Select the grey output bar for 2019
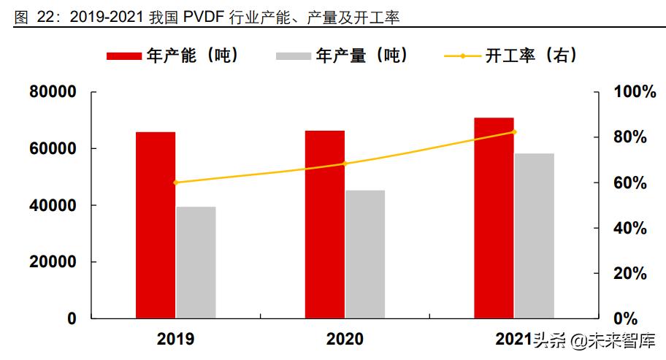(196, 263)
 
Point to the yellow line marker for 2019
(175, 183)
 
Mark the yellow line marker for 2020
(345, 164)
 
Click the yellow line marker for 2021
(514, 132)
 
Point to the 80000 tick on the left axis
(53, 92)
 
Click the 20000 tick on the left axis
(53, 262)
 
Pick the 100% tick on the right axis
(629, 92)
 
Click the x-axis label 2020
(345, 340)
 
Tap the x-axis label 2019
(175, 340)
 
